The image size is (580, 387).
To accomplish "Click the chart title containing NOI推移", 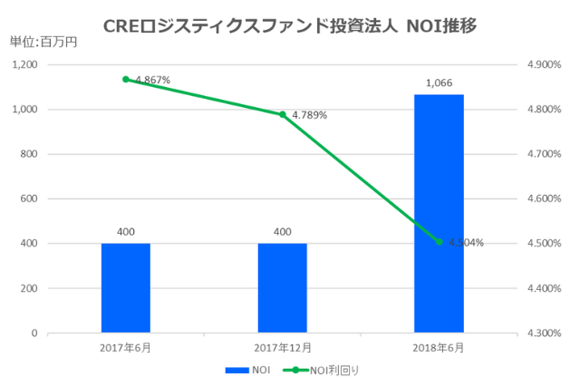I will click(x=290, y=21).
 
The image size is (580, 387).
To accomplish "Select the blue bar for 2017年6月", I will click(x=126, y=288).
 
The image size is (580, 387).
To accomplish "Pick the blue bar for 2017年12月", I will click(x=282, y=288).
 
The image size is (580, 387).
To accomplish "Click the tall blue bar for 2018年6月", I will click(x=439, y=214).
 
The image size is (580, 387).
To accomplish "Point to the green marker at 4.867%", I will click(x=126, y=80).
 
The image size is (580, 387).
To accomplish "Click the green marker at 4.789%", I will click(x=282, y=114).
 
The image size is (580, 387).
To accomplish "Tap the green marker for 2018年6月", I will click(x=439, y=242).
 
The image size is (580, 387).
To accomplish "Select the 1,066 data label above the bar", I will click(x=439, y=83).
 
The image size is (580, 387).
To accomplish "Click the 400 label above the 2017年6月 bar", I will click(x=126, y=232).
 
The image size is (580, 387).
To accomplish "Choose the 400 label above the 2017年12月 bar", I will click(x=282, y=232).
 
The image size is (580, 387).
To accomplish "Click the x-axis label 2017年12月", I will click(x=282, y=348).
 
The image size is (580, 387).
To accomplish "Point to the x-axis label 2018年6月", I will click(x=439, y=348).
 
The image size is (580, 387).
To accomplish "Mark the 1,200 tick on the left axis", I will click(x=24, y=65).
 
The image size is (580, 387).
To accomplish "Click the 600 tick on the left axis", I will click(x=29, y=199).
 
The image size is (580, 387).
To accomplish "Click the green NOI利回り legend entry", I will click(x=326, y=370).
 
